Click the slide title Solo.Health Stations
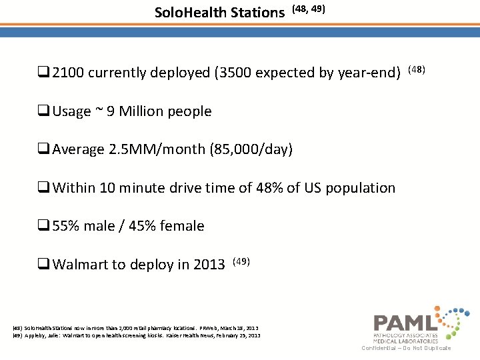tap(219, 12)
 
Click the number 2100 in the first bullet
tap(69, 73)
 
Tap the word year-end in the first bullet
tap(371, 73)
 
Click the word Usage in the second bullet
tap(72, 111)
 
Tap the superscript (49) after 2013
tap(241, 261)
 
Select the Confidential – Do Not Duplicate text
tap(406, 348)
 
